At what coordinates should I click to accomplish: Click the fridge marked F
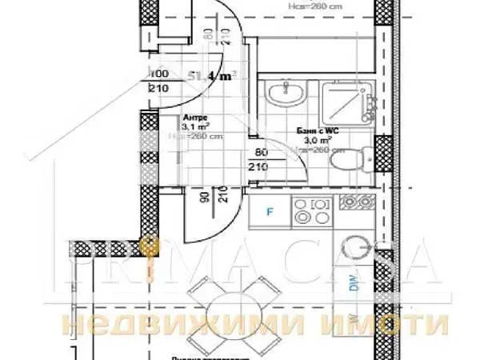pyautogui.click(x=269, y=213)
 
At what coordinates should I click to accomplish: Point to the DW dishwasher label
pyautogui.click(x=353, y=282)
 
